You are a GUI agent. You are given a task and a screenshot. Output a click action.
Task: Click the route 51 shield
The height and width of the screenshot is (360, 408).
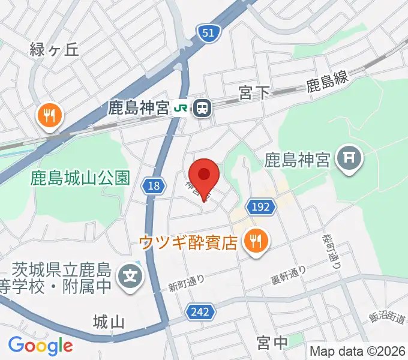[207, 34]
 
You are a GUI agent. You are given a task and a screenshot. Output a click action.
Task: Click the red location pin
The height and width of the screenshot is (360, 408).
[204, 175]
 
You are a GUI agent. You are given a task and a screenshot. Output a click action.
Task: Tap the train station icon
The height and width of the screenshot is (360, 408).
[203, 108]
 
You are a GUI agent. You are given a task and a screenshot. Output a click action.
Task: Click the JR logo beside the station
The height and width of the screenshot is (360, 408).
[181, 108]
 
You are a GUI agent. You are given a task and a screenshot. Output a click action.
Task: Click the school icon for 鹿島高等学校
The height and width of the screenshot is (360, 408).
[130, 277]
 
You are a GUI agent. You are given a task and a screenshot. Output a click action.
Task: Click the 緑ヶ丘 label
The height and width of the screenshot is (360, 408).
[54, 49]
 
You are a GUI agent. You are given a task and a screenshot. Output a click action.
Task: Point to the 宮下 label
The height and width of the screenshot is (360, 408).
[254, 93]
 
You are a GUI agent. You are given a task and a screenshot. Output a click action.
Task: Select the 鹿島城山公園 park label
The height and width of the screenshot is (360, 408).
[80, 178]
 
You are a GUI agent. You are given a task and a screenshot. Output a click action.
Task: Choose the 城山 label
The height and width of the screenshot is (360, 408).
[109, 322]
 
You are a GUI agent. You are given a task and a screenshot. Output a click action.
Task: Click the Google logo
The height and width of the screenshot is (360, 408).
[40, 345]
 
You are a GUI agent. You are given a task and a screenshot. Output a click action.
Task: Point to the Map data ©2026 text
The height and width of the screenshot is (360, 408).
[358, 351]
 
